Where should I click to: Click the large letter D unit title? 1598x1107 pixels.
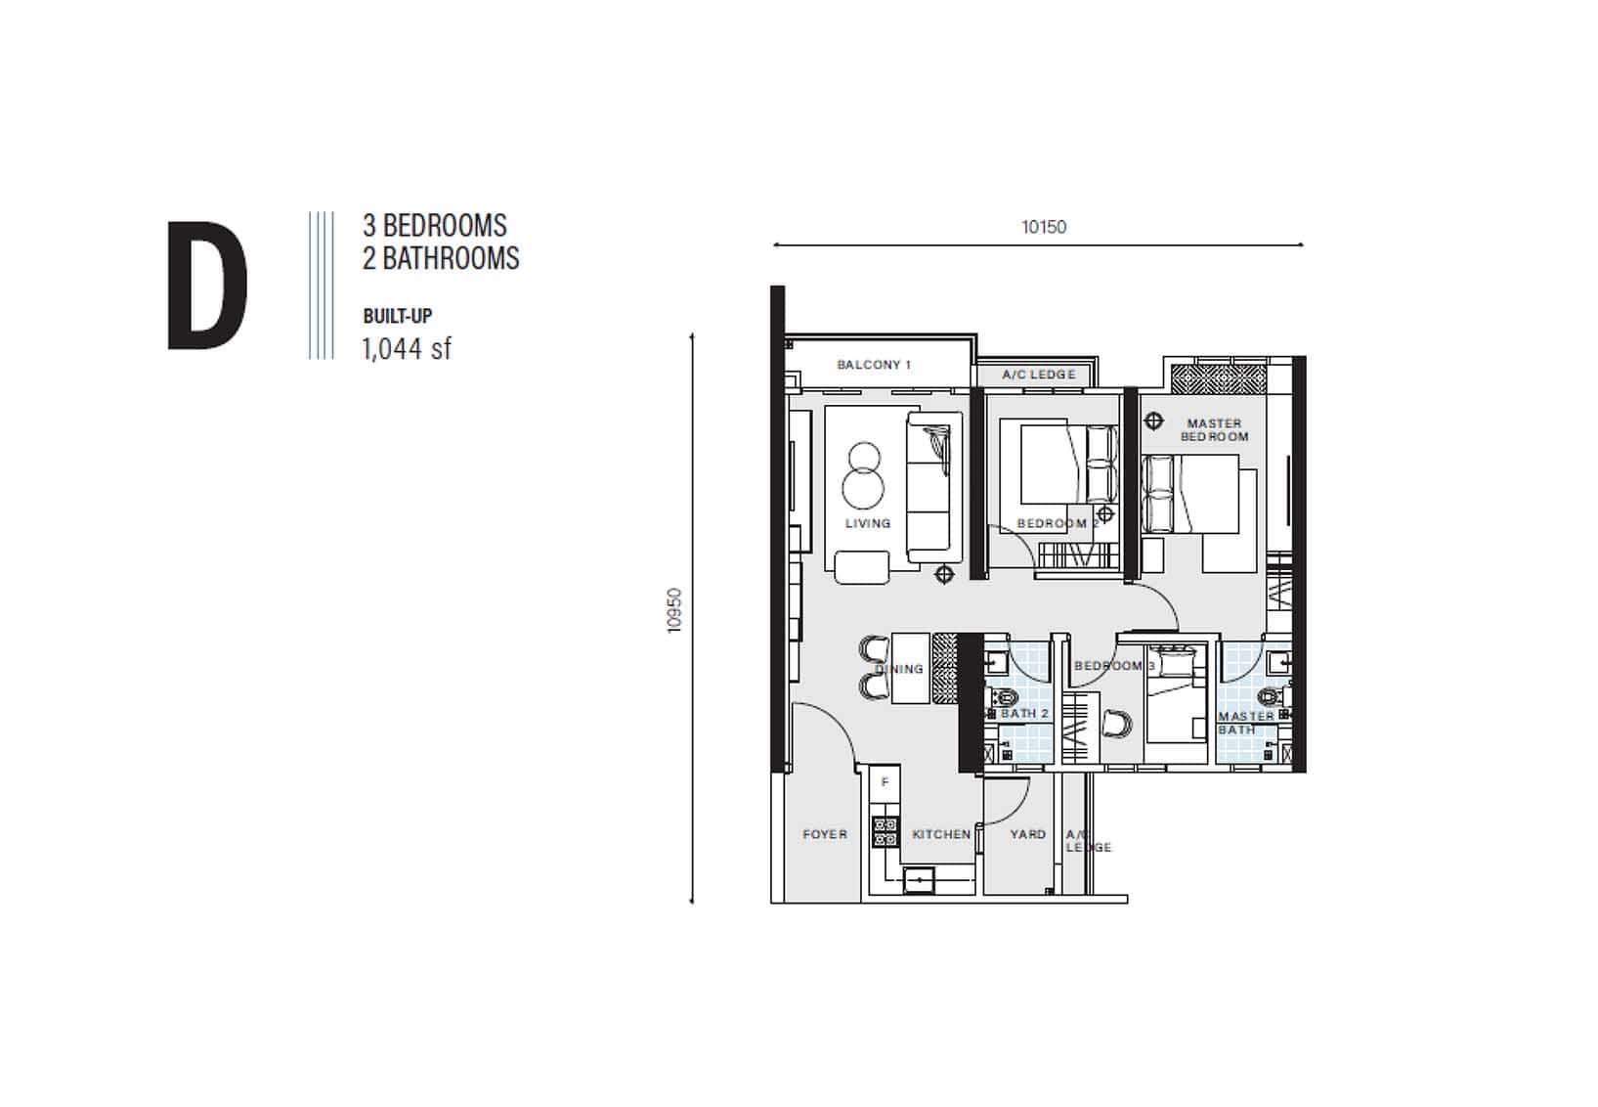click(207, 286)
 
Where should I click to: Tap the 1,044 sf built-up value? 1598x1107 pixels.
click(407, 349)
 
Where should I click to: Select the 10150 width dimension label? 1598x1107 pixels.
click(1044, 227)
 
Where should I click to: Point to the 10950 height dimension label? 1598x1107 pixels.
click(674, 610)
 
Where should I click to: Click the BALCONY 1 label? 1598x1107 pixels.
click(874, 365)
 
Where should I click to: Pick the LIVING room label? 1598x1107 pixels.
click(868, 523)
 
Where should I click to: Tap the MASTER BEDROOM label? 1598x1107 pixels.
click(1214, 429)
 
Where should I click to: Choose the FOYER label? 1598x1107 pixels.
click(825, 833)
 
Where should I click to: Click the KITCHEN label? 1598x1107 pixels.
click(941, 833)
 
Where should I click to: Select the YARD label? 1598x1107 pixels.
click(1027, 833)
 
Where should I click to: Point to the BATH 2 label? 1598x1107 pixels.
click(1024, 713)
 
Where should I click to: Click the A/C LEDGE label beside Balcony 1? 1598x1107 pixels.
click(1039, 375)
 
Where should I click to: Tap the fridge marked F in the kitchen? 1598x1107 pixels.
click(885, 783)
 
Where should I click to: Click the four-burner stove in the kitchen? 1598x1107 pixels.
click(885, 832)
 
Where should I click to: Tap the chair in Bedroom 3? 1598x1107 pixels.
click(1116, 724)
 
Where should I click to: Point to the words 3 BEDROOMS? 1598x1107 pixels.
click(435, 226)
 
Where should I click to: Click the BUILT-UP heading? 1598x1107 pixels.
click(398, 316)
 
